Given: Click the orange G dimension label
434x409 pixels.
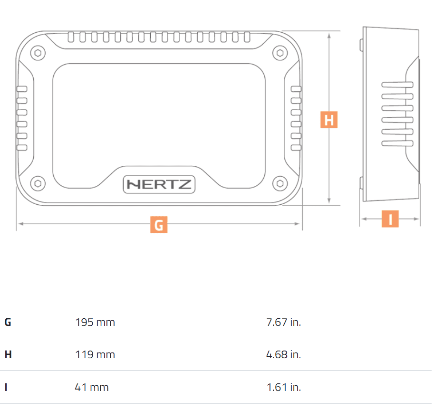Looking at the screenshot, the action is point(159,224).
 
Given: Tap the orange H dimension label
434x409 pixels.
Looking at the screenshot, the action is point(329,119).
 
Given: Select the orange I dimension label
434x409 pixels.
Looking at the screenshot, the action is point(390,219).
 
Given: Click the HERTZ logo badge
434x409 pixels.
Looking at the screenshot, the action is point(159,184).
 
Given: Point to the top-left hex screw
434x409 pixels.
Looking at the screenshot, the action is point(38,53).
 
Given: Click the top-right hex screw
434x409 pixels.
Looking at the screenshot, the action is point(280,53).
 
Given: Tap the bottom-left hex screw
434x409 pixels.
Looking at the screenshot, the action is point(38,183).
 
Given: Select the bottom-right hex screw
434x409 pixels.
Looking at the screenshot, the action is point(280,183).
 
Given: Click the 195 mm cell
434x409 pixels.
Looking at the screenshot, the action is point(95,322).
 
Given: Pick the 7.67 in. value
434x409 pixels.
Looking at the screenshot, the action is point(283,322).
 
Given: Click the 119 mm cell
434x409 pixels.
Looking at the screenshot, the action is point(95,354).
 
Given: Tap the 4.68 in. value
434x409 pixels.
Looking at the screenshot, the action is point(283,354).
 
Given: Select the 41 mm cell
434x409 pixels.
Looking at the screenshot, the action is point(92,387).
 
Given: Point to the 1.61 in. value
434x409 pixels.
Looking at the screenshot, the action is point(284,387).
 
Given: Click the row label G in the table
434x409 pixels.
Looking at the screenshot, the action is point(8,322).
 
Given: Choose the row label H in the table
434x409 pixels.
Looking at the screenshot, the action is point(8,354).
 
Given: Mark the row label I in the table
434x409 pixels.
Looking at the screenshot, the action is point(6,387).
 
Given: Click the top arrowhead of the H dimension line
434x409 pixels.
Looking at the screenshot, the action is point(329,36).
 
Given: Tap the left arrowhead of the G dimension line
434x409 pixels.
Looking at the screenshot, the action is point(20,223).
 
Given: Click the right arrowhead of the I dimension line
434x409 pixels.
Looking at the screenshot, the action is point(416,219).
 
